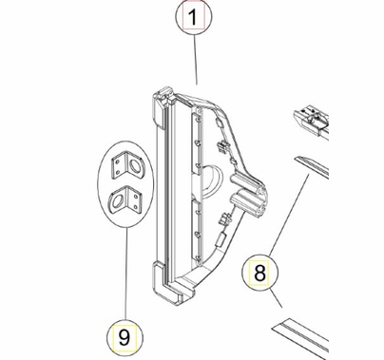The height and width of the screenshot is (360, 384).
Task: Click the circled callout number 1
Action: [194, 17]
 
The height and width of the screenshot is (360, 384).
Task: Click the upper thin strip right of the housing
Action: [314, 168]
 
